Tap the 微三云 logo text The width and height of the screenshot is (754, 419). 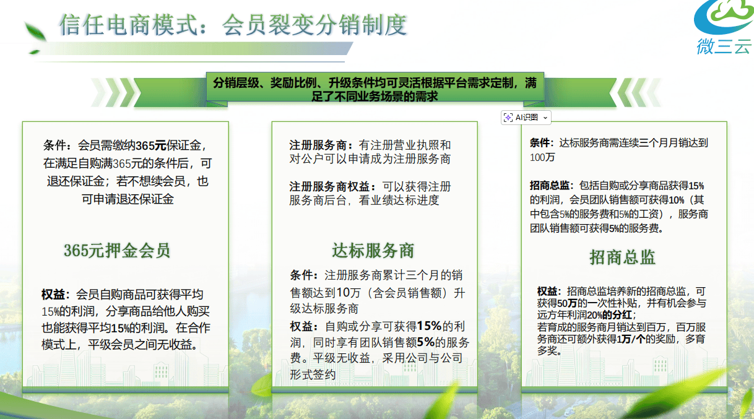click(724, 46)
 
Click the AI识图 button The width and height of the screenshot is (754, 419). click(526, 118)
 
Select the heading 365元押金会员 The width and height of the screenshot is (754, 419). click(117, 251)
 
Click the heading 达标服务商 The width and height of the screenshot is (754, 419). click(373, 251)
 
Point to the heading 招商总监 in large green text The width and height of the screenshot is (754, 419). click(622, 257)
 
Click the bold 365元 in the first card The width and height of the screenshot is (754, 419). click(151, 145)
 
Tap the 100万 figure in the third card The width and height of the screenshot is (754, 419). click(542, 157)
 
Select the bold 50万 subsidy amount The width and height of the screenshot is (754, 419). click(567, 303)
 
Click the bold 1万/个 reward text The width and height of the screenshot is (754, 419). click(631, 339)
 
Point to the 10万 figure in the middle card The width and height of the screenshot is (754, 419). click(349, 293)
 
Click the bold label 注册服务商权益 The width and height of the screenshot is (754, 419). click(332, 186)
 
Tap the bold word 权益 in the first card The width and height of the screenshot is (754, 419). click(53, 295)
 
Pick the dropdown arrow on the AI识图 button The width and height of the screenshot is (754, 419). click(545, 118)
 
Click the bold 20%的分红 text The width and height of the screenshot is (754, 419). click(609, 315)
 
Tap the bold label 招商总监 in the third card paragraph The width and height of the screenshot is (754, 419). click(549, 186)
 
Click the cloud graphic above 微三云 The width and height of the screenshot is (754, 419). click(724, 16)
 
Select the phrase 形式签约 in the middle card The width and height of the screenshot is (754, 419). click(313, 374)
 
